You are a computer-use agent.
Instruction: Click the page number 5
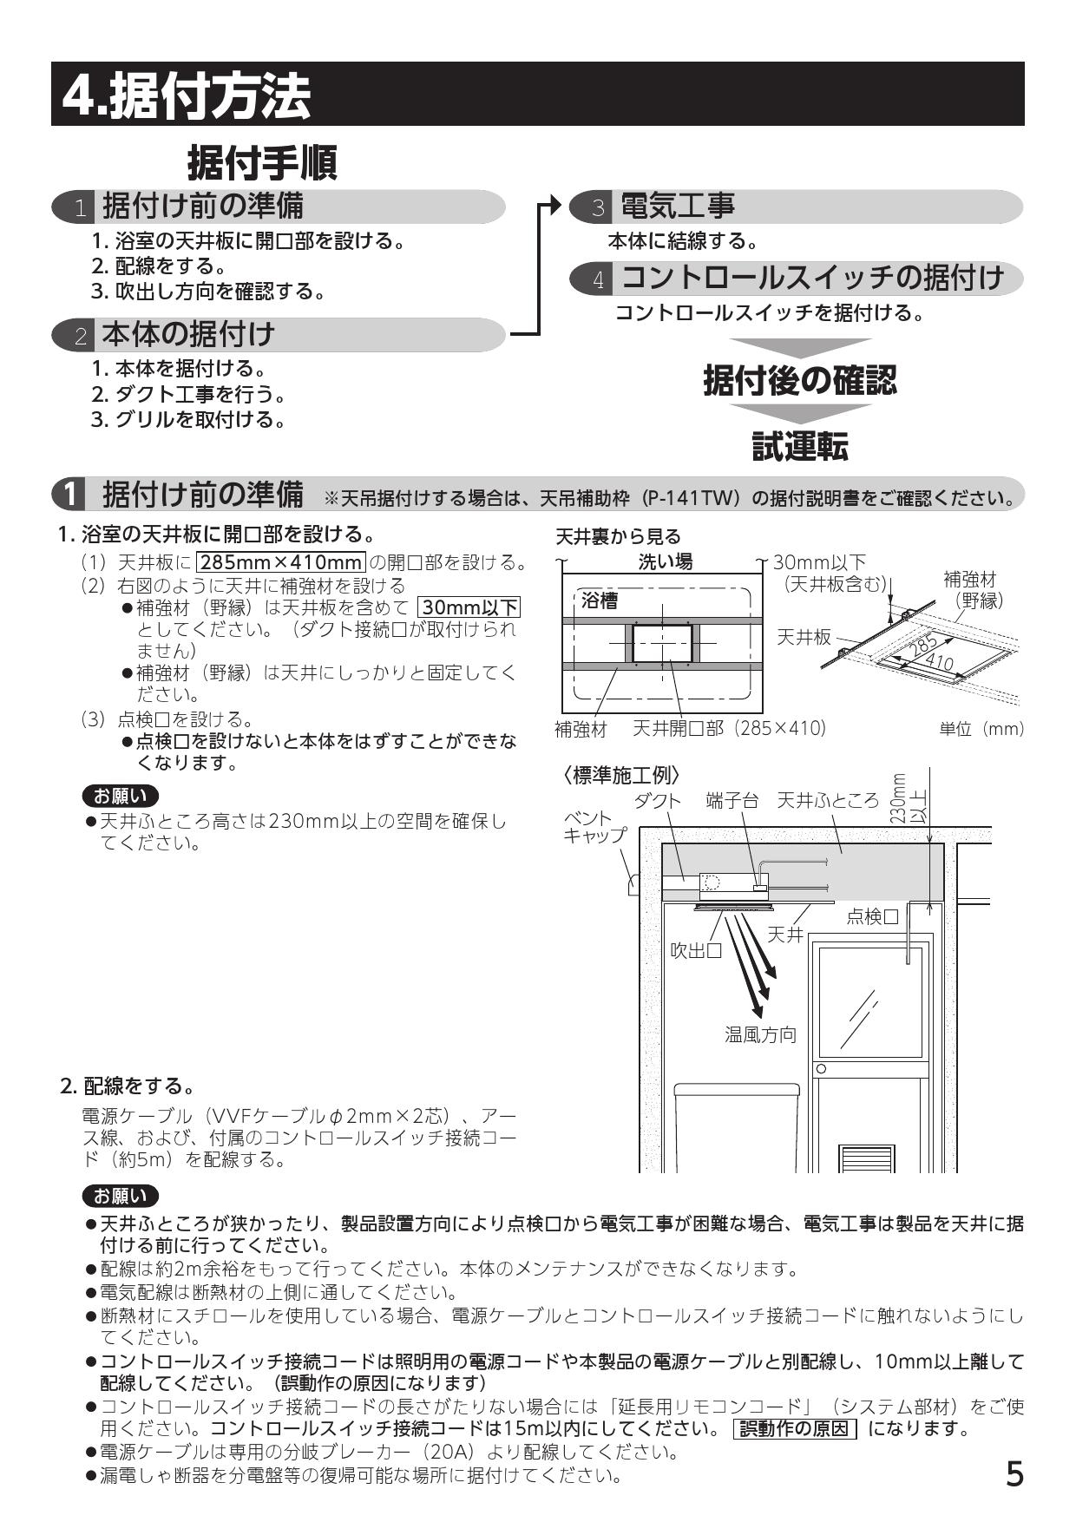coord(1014,1473)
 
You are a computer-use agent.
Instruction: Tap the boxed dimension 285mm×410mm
coord(281,562)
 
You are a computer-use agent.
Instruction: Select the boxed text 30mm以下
coord(469,607)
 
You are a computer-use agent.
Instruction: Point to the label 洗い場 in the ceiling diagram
coord(666,561)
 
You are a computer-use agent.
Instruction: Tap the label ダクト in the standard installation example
coord(657,800)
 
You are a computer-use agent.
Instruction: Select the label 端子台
coord(732,800)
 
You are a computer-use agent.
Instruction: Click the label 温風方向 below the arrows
coord(760,1034)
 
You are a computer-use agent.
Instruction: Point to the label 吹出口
coord(696,950)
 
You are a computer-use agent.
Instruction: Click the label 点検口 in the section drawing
coord(872,916)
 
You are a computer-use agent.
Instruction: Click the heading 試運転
coord(799,446)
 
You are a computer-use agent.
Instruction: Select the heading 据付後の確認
coord(799,380)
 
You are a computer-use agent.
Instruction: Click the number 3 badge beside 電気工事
coord(598,207)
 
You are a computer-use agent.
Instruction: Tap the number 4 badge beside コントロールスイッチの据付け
coord(598,279)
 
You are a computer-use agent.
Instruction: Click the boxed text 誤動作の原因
coord(795,1428)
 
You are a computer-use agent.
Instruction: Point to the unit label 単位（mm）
coord(981,729)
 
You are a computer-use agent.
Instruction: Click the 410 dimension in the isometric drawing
coord(939,664)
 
